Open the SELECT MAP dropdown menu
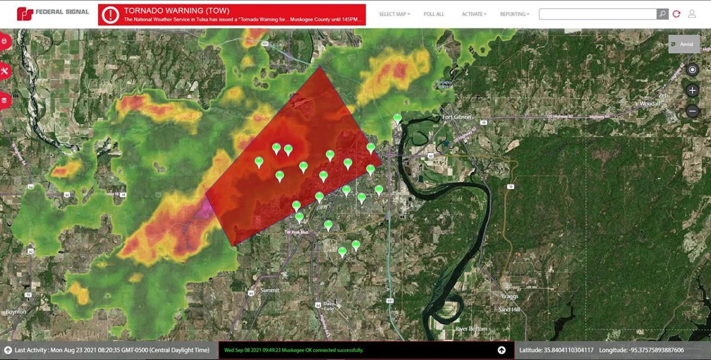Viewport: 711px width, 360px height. point(394,14)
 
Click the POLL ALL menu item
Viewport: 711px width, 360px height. point(434,14)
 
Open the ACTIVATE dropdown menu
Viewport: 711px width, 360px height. point(474,14)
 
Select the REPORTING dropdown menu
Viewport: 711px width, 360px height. point(514,14)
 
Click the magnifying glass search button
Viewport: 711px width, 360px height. point(662,14)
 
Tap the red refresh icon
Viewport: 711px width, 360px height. point(677,14)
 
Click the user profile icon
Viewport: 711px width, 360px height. point(691,14)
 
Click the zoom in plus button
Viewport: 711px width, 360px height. point(692,91)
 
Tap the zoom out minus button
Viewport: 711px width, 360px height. point(692,111)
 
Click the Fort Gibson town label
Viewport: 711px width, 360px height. point(457,117)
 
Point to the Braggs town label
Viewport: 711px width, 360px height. point(509,296)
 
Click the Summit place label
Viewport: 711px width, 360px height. point(270,290)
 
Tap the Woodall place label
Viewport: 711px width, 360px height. point(651,104)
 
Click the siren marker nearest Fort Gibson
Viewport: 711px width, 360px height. point(398,119)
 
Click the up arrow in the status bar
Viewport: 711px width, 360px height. point(501,351)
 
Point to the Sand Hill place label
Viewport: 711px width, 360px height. point(509,310)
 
